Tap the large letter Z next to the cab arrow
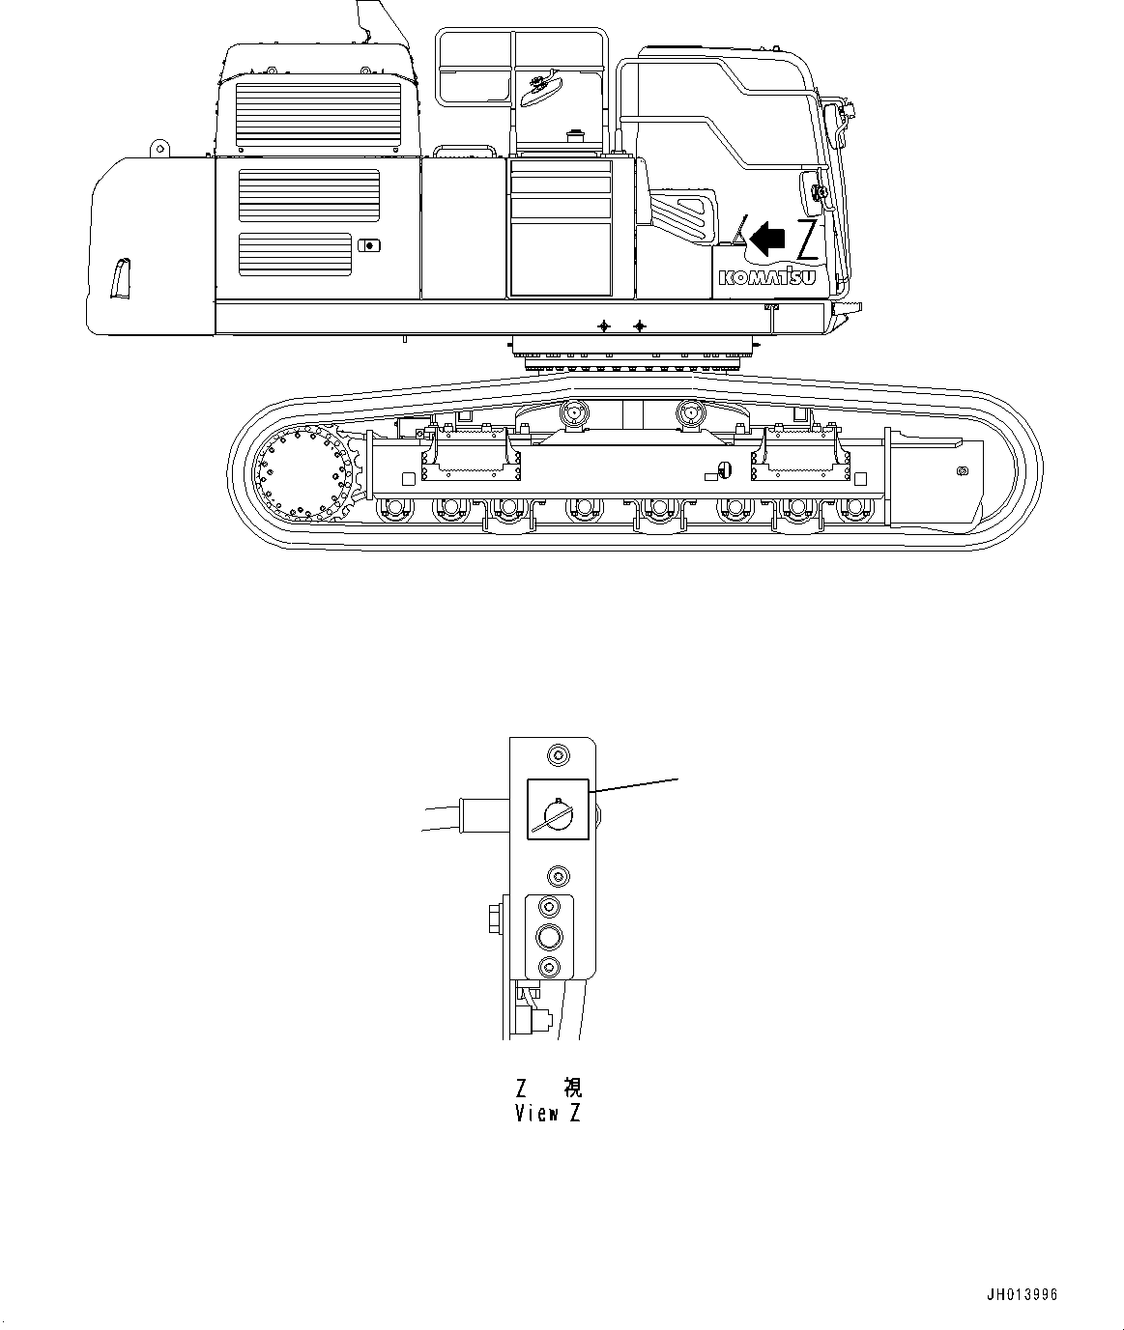coord(807,241)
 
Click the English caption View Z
coord(548,1113)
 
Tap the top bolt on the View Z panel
coord(557,754)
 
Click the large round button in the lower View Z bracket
coord(549,936)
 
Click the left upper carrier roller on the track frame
coord(574,413)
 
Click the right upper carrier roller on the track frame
coord(693,413)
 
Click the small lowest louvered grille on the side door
coord(295,254)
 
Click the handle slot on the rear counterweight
coord(121,278)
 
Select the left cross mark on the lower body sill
coord(604,326)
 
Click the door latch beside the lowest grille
coord(368,245)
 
